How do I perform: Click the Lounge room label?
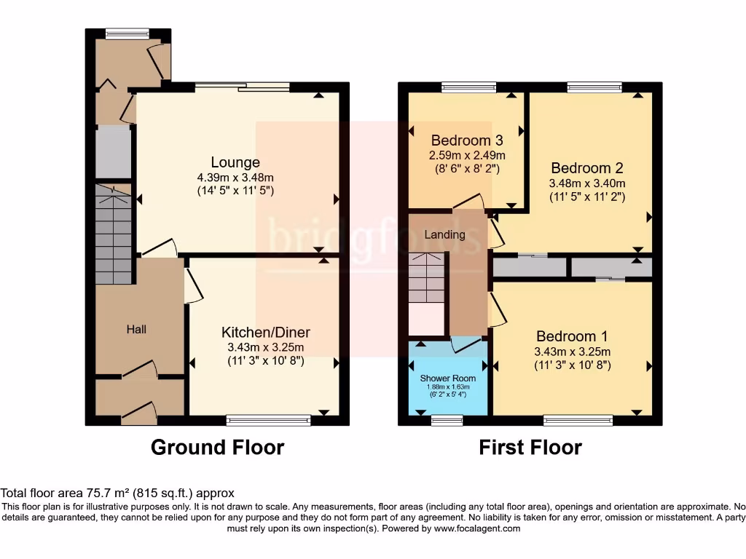235,162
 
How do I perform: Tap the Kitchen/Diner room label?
266,333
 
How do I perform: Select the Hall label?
136,330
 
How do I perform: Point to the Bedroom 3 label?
467,140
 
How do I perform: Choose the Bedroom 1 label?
572,337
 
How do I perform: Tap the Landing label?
444,235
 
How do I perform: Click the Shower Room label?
448,378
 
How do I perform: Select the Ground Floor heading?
217,447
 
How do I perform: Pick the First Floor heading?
530,447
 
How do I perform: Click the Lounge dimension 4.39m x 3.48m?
235,178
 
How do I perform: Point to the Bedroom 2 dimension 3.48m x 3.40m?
586,183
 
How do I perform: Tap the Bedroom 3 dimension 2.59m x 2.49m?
467,155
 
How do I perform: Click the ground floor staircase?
114,233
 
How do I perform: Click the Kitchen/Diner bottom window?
269,420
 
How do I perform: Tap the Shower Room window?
447,420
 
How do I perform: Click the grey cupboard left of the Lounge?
113,152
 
